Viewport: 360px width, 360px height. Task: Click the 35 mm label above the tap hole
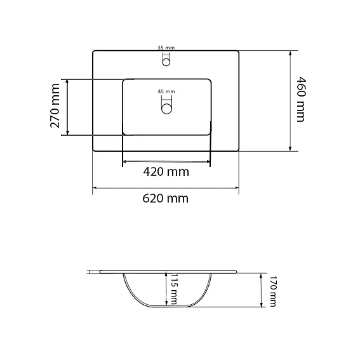click(x=166, y=48)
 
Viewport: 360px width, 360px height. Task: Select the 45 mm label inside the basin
click(x=166, y=91)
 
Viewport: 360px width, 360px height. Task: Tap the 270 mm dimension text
click(x=55, y=106)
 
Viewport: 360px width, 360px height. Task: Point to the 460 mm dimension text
click(x=302, y=100)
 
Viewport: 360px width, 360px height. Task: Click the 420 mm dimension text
click(x=166, y=171)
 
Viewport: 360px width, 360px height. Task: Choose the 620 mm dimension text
click(x=165, y=198)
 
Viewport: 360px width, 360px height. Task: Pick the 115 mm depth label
click(x=174, y=290)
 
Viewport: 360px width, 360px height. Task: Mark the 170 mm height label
click(x=272, y=291)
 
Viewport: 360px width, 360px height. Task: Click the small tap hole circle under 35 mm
click(x=166, y=62)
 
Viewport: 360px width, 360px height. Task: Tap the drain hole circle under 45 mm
click(x=166, y=109)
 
